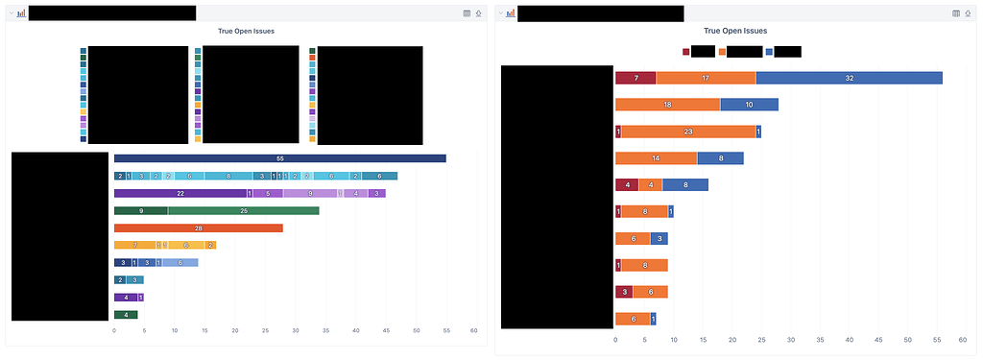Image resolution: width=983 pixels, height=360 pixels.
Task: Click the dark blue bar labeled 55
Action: click(279, 158)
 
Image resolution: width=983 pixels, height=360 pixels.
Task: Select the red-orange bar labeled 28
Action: click(199, 228)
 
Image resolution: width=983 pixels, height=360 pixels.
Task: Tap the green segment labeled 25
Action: click(244, 210)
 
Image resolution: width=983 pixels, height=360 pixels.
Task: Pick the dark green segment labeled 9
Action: click(141, 210)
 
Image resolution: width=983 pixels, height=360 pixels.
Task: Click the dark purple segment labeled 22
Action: click(180, 193)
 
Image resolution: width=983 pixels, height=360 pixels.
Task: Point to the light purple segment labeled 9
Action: click(309, 193)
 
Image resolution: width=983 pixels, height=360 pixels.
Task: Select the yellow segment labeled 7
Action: click(135, 245)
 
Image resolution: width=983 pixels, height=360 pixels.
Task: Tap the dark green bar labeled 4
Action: click(126, 314)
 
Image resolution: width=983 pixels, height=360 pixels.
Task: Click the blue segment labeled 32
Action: click(850, 78)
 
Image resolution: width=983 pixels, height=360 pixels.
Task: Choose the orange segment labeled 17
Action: click(706, 78)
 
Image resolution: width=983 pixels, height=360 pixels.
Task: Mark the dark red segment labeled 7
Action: click(635, 78)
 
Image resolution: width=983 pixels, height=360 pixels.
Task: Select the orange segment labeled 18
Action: click(667, 104)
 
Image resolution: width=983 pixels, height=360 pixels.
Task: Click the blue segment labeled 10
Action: click(749, 104)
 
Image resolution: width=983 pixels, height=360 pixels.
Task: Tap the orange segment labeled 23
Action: click(688, 132)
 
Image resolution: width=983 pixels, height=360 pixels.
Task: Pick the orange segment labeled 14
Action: click(656, 157)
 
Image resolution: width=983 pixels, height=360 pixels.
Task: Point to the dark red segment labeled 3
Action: click(624, 292)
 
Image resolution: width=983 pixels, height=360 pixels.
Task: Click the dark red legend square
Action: click(685, 52)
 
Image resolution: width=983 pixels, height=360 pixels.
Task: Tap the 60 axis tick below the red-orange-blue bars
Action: click(962, 339)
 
